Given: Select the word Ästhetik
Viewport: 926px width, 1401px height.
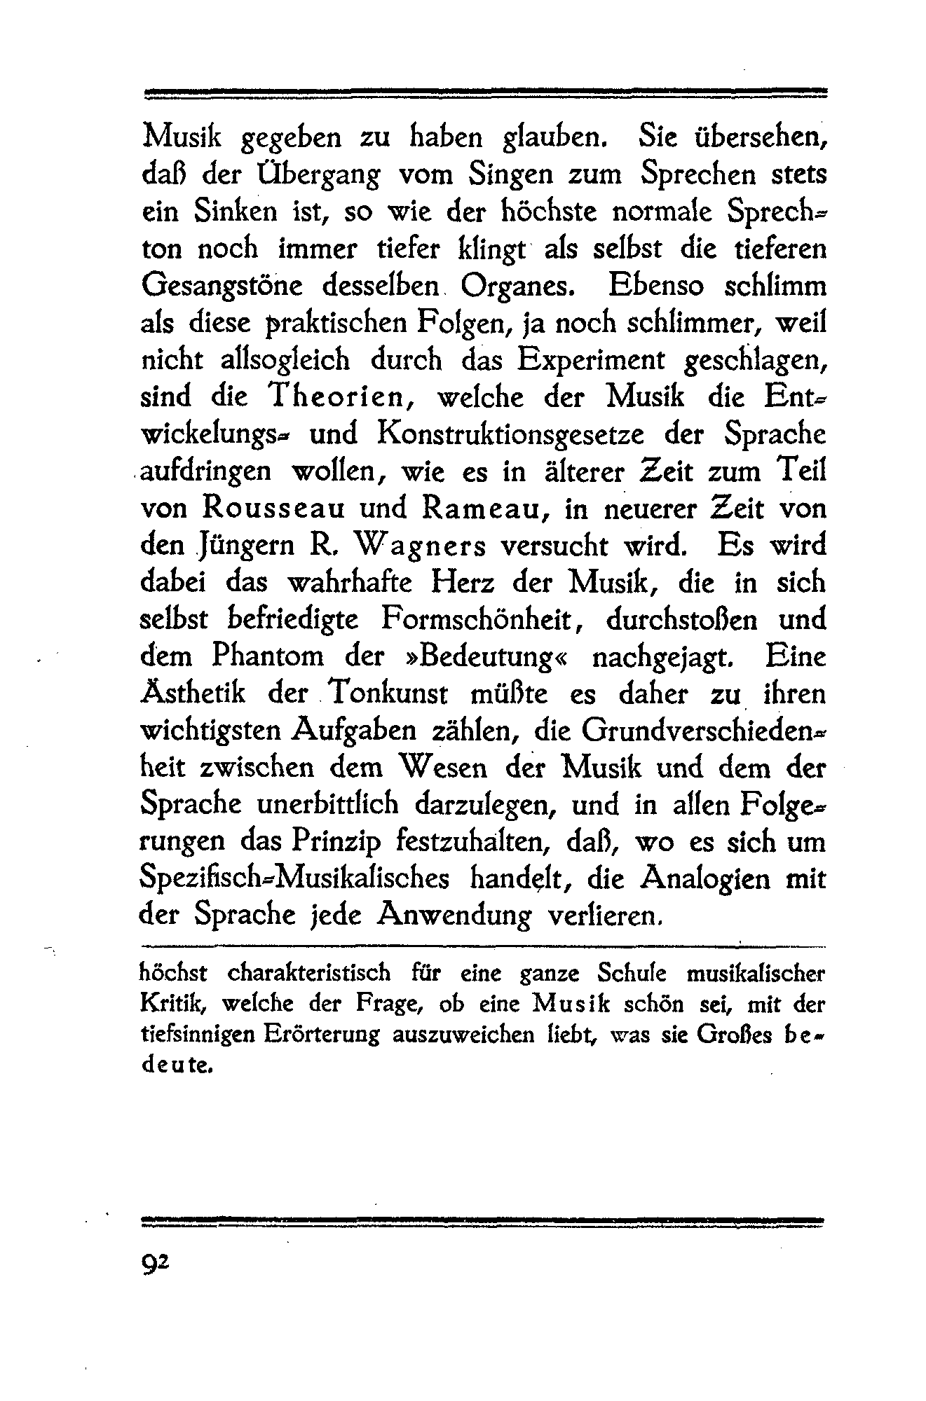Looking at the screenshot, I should pos(193,693).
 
